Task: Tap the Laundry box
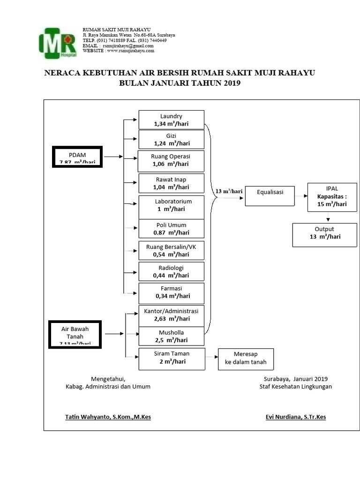point(171,120)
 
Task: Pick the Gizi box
point(171,139)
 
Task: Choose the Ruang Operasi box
point(171,160)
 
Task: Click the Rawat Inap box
point(171,183)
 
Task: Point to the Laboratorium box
point(171,205)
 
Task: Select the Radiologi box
point(171,271)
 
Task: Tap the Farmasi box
point(171,292)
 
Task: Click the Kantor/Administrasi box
point(171,315)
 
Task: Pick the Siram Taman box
point(171,359)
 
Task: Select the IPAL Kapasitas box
point(332,196)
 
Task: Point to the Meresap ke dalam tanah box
point(245,359)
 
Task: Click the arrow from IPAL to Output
point(328,217)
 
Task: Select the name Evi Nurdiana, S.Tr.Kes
point(295,416)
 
